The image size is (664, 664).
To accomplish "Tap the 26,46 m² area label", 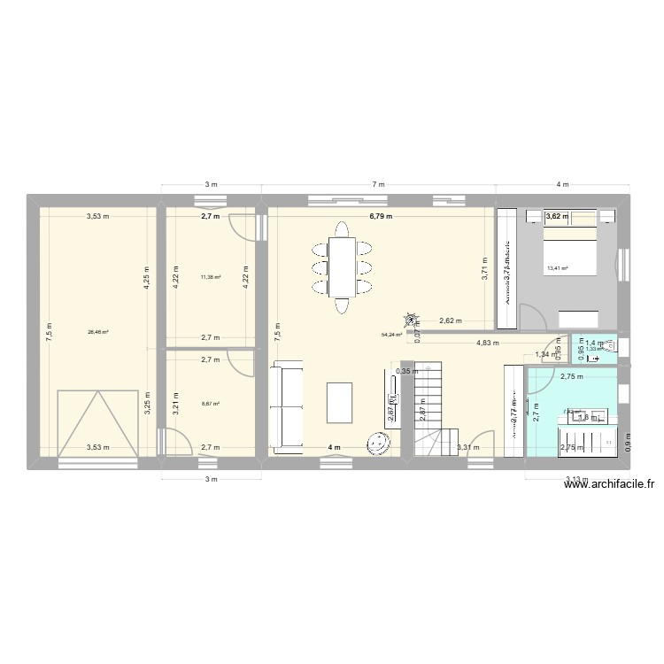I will coord(97,333).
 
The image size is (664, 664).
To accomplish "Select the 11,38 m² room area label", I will coord(210,277).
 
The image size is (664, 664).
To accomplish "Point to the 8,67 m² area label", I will coord(210,404).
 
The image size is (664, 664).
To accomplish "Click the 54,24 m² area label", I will coord(391,335).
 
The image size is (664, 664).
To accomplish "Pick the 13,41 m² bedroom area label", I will coord(557,269).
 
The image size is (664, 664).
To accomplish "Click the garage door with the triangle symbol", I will coord(97,423).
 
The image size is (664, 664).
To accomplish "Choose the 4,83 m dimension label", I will coord(487,343).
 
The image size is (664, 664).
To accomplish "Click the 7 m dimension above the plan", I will coord(379,184).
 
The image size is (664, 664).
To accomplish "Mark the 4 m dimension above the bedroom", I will coord(562,184).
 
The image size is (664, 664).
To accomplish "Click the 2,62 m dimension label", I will coord(452,320).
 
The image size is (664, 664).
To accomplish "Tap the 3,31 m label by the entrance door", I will coord(468,447).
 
